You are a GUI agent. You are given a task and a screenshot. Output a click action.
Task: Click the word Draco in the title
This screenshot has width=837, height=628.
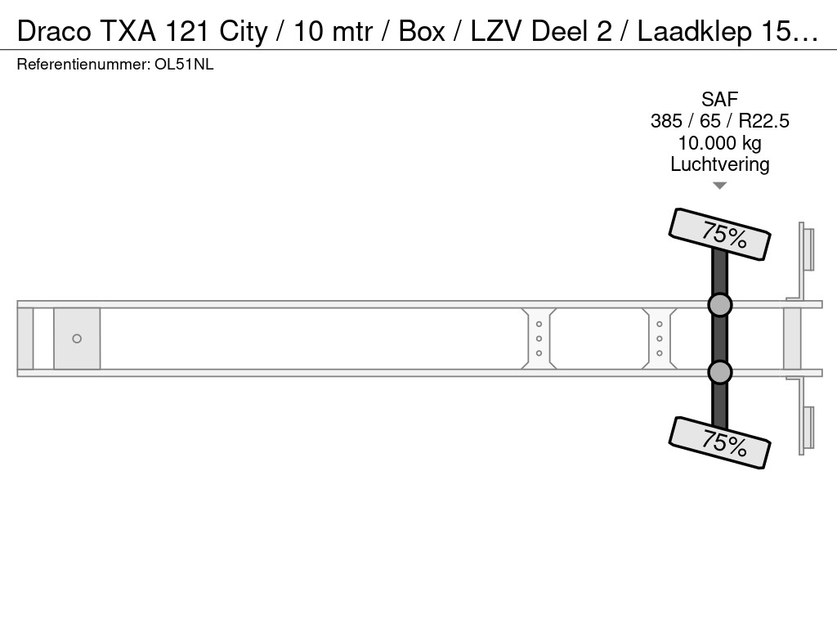point(54,31)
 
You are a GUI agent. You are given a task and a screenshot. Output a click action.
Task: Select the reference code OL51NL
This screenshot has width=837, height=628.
point(184,65)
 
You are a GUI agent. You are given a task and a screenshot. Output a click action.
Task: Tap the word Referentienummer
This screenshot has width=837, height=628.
point(83,65)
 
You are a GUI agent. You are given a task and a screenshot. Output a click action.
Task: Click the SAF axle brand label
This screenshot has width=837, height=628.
point(719,99)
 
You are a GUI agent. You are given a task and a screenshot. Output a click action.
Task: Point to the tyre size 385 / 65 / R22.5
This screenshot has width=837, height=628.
point(719,121)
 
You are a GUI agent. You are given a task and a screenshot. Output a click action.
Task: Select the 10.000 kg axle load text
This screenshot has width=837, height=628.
point(719,143)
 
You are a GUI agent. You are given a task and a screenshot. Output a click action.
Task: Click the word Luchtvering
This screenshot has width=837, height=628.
point(719,164)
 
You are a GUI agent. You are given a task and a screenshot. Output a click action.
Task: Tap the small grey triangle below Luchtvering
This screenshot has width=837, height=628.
point(719,186)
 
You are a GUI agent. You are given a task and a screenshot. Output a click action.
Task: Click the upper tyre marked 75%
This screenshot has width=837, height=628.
point(719,235)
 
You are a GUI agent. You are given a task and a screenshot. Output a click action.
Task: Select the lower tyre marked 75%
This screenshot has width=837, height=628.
point(719,442)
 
